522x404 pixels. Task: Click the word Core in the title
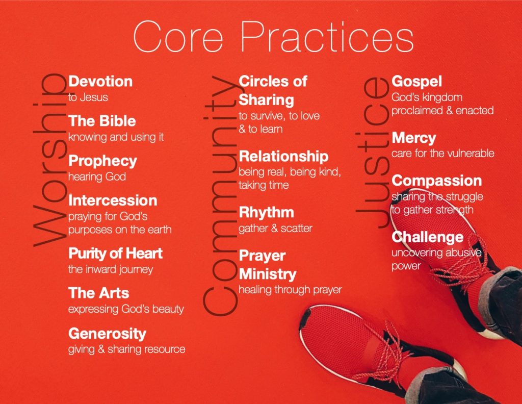coord(178,36)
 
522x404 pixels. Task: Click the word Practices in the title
coord(327,36)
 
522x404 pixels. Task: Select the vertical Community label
coord(221,195)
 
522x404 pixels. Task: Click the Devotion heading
coord(100,82)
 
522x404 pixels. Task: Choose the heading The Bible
coord(102,121)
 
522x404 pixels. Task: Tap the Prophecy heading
coord(102,161)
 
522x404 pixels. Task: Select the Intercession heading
coord(113,200)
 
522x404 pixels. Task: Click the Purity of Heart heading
coord(115,254)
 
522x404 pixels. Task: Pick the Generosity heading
coord(107,334)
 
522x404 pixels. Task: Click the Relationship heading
coord(283,157)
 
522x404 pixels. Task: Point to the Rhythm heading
coord(266,213)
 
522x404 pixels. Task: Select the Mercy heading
coord(414,138)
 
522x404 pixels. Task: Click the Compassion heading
coord(437,181)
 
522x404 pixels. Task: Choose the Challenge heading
coord(428,237)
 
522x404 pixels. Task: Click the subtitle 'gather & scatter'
coord(275,229)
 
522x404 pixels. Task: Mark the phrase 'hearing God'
coord(97,177)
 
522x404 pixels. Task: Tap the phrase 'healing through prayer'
coord(290,290)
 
